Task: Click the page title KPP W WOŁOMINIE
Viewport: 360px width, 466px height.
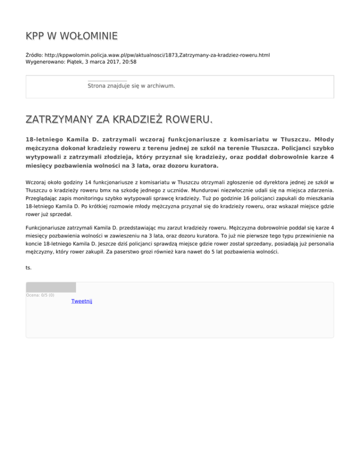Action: click(x=71, y=36)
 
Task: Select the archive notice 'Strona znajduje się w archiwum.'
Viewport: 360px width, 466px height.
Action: click(x=131, y=86)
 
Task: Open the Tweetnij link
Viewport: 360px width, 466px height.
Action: click(x=82, y=301)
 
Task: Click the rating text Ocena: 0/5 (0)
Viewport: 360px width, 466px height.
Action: click(x=40, y=295)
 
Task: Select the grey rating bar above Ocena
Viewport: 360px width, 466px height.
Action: click(x=51, y=287)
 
